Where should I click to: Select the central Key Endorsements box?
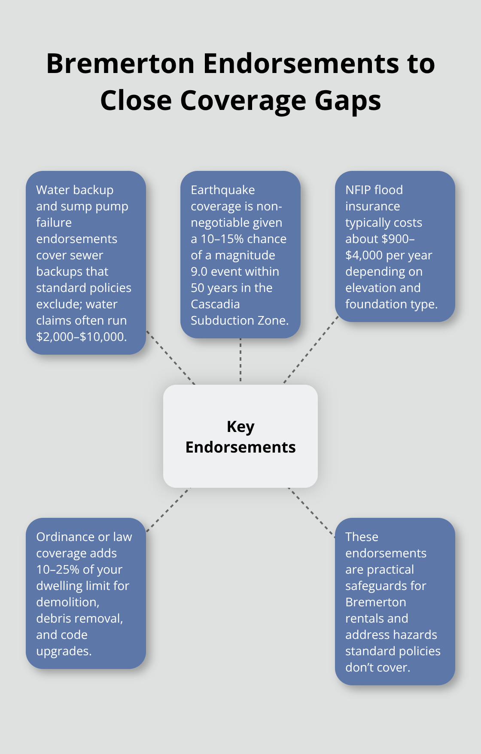pos(240,436)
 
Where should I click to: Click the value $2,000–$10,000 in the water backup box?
pos(81,337)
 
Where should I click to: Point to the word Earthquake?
pos(222,190)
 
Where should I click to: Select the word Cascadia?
pos(215,304)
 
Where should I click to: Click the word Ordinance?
pos(65,537)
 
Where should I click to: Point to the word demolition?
pos(67,602)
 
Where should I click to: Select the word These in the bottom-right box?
pos(362,537)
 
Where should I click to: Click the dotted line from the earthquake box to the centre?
pos(240,361)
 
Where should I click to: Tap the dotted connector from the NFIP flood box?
pos(310,350)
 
